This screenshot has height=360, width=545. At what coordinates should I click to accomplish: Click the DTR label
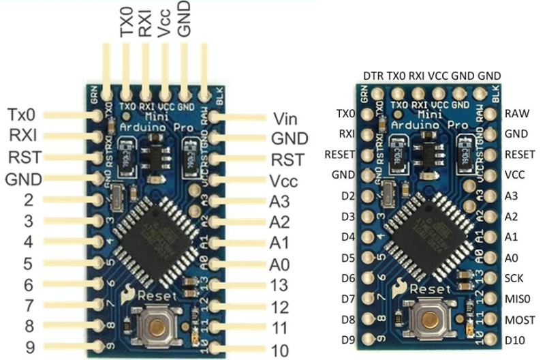click(x=373, y=75)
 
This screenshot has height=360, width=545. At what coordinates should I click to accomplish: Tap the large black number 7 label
click(x=29, y=305)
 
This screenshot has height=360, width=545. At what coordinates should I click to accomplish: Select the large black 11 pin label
click(x=279, y=329)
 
